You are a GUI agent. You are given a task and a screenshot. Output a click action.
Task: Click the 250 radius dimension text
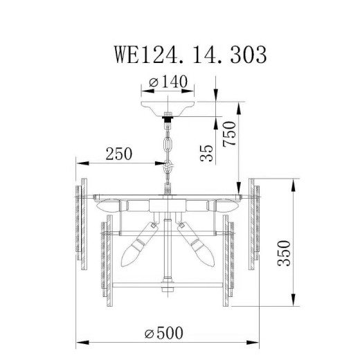tap(118, 154)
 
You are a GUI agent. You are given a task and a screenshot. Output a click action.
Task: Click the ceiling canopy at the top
tap(168, 108)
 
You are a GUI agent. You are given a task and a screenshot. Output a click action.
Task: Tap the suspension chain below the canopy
tap(168, 149)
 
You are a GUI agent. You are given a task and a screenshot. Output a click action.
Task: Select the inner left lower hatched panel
tap(108, 260)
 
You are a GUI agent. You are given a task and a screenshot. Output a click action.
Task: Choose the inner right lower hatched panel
tap(228, 260)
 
